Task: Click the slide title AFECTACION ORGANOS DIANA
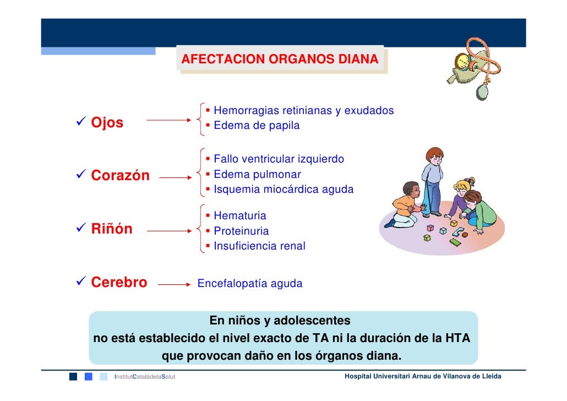click(x=280, y=59)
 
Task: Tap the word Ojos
click(x=107, y=122)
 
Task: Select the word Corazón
click(x=120, y=176)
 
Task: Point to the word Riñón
click(x=112, y=229)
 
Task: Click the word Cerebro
click(x=119, y=283)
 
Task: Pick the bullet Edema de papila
click(x=257, y=126)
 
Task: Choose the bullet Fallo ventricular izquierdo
click(x=279, y=159)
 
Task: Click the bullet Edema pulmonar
click(x=257, y=175)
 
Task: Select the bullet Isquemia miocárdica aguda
click(x=283, y=189)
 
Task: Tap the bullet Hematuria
click(x=239, y=216)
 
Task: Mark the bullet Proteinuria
click(x=241, y=231)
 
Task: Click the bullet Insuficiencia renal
click(x=259, y=246)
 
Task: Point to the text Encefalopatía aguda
click(x=249, y=284)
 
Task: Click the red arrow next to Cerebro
click(x=174, y=285)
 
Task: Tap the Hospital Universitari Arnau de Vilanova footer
click(x=422, y=376)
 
